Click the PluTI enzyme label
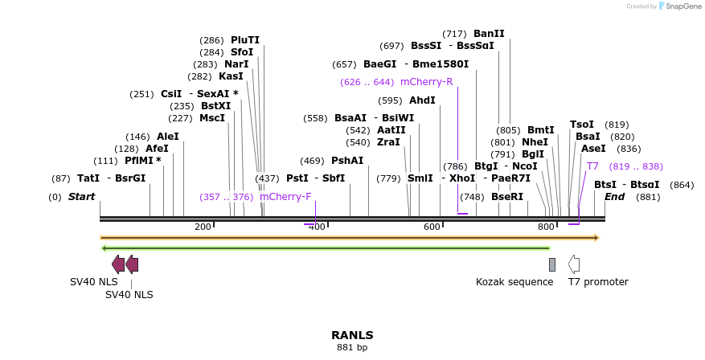[244, 39]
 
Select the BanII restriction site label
[489, 34]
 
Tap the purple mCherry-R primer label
[426, 82]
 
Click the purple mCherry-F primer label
[285, 196]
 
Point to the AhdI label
[422, 100]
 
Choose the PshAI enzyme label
[347, 161]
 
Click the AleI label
[168, 137]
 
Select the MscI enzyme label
[212, 118]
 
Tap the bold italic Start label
[81, 197]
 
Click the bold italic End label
[614, 197]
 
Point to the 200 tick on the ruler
[203, 227]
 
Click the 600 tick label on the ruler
[432, 227]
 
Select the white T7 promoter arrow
[574, 264]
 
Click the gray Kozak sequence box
[552, 264]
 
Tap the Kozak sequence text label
[514, 282]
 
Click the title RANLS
[352, 335]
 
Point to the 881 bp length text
[352, 348]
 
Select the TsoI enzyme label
[581, 125]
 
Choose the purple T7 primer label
[592, 166]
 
